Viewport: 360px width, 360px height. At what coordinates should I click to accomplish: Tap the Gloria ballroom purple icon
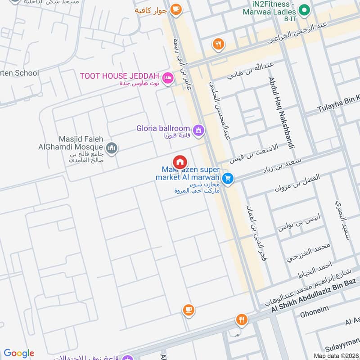pos(199,130)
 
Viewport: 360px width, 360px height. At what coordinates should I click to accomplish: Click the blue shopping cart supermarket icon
pos(228,179)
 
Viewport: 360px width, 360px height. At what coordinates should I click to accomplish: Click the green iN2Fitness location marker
pos(304,9)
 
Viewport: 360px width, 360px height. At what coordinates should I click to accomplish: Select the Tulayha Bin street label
pos(338,104)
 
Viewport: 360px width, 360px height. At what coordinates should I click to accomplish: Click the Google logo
pos(19,353)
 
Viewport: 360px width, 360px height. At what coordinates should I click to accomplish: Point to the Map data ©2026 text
pos(336,356)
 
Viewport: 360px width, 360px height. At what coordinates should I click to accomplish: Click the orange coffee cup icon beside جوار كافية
pos(175,9)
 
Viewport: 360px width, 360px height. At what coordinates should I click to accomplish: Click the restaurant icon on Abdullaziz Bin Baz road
pos(242,320)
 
